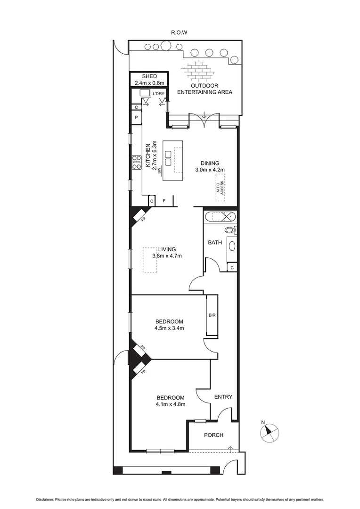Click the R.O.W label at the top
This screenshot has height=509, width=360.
(x=180, y=33)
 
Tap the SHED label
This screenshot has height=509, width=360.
(x=149, y=76)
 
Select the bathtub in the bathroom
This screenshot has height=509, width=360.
(x=220, y=217)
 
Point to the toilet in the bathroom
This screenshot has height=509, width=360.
(x=230, y=230)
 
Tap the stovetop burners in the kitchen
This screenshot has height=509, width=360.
(x=137, y=162)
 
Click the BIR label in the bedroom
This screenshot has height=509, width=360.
(x=212, y=315)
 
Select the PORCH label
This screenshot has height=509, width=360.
(x=213, y=435)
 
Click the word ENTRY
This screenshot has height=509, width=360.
(x=223, y=397)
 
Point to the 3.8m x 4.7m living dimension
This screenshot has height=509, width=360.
(x=167, y=256)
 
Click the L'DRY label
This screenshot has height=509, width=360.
(x=158, y=94)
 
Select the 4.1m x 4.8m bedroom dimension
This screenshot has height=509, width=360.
(x=170, y=404)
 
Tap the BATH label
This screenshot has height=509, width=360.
(x=215, y=243)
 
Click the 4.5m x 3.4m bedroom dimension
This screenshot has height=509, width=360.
(x=169, y=328)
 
